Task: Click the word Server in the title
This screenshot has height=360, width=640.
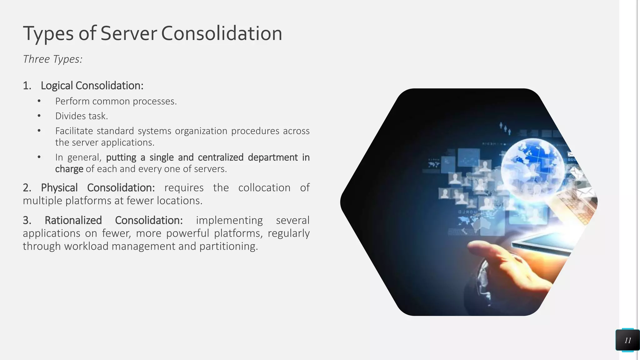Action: pos(128,33)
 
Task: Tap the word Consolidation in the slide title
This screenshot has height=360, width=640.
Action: pos(222,33)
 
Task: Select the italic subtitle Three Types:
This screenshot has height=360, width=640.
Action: pos(52,59)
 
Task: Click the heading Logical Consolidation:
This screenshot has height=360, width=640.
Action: pos(92,86)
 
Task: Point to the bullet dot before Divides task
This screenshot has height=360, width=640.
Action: pos(39,116)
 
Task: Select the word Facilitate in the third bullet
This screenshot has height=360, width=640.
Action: pos(74,131)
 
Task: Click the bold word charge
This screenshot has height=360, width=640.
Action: pos(69,169)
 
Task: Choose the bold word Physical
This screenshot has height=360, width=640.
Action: pos(59,188)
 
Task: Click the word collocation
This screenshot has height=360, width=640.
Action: pos(264,188)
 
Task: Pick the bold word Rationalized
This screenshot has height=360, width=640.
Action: pos(73,220)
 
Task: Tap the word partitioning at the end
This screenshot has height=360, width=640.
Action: pos(228,246)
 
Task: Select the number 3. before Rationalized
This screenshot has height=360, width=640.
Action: pos(27,220)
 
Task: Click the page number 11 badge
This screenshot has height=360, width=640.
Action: pos(627,340)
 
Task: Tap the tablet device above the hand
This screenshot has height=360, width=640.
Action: pos(544,243)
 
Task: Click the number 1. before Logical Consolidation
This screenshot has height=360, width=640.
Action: pos(27,86)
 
